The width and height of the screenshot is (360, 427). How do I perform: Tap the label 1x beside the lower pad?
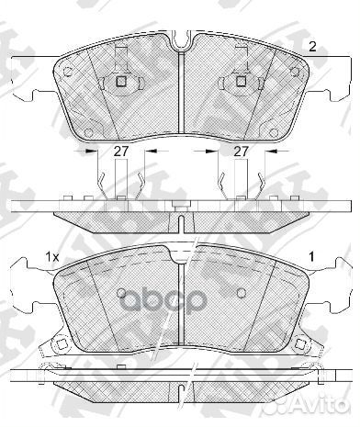[x=51, y=260]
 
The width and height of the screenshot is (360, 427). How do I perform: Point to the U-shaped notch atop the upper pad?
[x=182, y=40]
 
